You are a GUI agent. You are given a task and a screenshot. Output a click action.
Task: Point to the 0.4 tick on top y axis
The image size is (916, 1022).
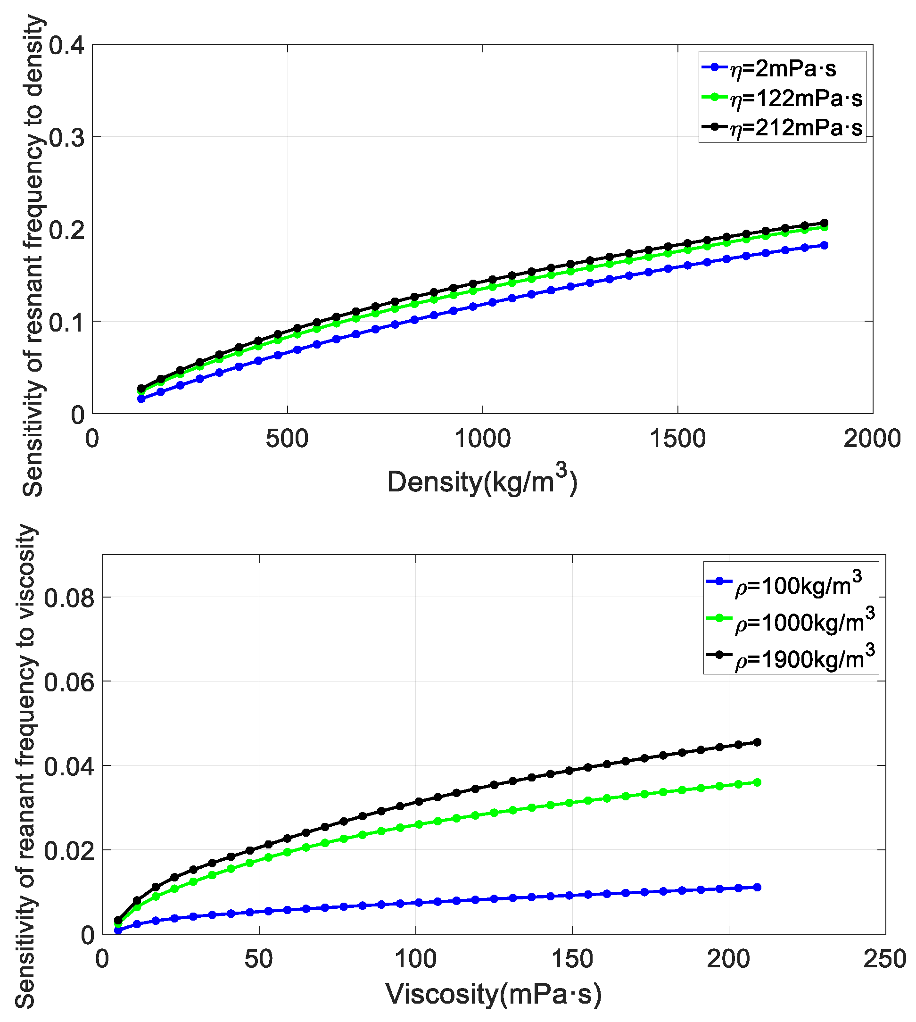click(x=67, y=46)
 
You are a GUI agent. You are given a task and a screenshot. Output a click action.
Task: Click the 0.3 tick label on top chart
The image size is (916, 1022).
click(x=67, y=138)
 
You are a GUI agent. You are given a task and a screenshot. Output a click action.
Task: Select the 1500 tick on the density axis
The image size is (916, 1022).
click(x=677, y=439)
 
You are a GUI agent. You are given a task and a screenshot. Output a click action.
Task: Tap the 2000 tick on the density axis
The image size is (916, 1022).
click(x=872, y=439)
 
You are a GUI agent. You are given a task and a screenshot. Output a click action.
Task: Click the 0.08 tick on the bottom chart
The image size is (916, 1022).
click(x=69, y=598)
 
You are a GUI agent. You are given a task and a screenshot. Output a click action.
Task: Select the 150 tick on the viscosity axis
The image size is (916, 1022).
click(x=572, y=959)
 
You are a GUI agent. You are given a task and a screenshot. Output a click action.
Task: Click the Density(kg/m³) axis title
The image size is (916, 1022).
click(x=482, y=481)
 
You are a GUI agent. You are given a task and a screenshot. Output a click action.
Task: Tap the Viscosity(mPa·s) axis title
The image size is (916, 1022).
click(x=494, y=994)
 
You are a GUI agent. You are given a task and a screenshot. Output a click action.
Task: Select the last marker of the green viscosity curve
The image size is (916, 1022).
click(x=757, y=782)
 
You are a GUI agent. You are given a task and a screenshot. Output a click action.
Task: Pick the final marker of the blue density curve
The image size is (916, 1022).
click(x=825, y=245)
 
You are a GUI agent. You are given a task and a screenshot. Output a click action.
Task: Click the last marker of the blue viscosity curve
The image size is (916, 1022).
click(x=757, y=887)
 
